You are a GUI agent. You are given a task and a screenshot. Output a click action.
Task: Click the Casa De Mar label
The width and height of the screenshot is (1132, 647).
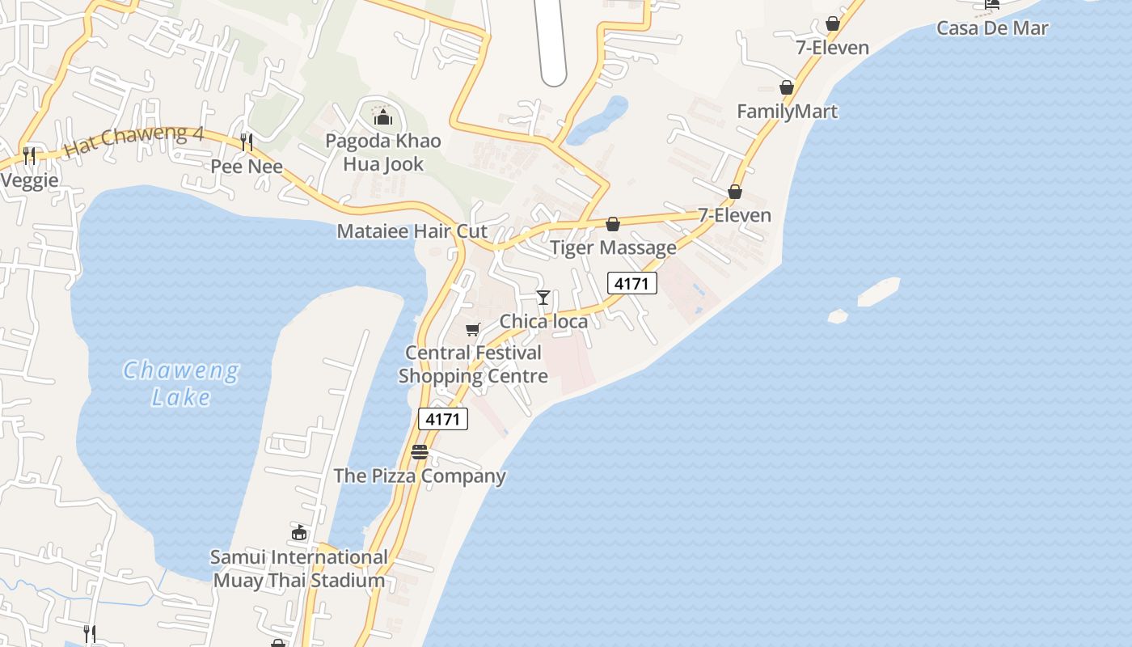pos(992,28)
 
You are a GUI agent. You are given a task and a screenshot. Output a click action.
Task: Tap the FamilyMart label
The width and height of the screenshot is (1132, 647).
pos(787,111)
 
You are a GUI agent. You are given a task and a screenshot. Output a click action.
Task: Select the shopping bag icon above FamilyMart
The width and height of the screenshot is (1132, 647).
pos(787,87)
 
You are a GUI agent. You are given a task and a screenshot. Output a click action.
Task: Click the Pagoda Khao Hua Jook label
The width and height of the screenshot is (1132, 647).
pos(383,152)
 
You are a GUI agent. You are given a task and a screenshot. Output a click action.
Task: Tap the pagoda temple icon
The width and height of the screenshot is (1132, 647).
pos(383,118)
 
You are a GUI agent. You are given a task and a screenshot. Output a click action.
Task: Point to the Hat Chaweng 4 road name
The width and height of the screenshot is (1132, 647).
pos(133,141)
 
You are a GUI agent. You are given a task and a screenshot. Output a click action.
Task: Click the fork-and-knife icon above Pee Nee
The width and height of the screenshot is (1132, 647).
pos(247,142)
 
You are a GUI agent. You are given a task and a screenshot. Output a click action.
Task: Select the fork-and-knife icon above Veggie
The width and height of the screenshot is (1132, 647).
pos(29,155)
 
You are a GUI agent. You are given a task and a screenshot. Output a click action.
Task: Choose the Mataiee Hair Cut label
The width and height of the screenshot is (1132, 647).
pos(412,231)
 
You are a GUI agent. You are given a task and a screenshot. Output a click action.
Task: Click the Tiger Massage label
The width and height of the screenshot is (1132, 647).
pos(613,247)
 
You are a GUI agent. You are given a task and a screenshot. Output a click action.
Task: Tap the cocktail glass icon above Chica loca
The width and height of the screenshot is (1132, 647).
pos(543,298)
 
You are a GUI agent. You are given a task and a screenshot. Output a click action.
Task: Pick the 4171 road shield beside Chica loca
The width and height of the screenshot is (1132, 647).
pos(632,283)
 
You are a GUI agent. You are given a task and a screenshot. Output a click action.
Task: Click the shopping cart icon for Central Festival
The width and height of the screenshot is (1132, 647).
pos(473,329)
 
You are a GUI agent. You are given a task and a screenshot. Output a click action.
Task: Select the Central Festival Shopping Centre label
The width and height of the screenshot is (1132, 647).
pos(473,365)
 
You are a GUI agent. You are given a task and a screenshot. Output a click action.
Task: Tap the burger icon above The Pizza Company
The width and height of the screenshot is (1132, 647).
pos(419,452)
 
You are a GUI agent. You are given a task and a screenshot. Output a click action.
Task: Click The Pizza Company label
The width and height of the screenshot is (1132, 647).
pos(420,476)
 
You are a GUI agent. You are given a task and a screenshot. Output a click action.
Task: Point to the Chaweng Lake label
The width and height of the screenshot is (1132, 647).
pos(181,384)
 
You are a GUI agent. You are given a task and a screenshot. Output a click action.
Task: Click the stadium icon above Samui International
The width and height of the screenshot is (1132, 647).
pos(299,532)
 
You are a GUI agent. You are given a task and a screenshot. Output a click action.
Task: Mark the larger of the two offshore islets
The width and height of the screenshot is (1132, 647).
pos(879,292)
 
